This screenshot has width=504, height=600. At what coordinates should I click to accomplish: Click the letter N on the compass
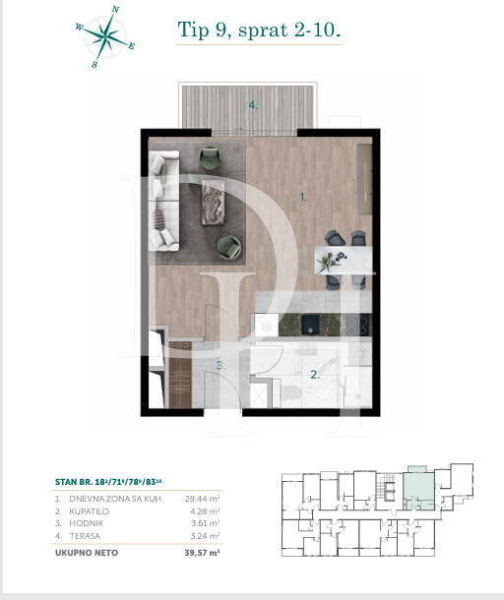116,9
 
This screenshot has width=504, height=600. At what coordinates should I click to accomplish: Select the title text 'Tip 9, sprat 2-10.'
259,30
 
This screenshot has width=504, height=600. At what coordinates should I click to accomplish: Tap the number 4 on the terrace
253,105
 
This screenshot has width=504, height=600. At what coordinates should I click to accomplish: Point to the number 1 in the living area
303,198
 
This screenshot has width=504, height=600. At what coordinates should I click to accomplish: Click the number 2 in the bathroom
314,375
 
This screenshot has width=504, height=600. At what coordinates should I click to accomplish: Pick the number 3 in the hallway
221,366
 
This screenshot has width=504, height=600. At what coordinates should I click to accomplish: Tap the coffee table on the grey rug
213,203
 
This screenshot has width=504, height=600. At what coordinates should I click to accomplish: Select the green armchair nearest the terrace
211,156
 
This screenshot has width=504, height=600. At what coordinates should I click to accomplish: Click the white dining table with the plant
345,260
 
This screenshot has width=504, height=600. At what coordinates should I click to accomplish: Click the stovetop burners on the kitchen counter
353,324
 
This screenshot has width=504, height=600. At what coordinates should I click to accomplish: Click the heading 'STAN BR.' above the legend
75,482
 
